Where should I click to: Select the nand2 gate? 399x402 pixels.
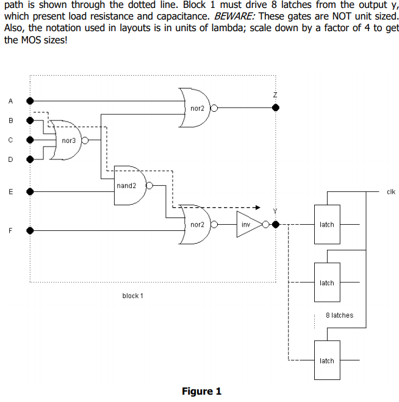click(130, 185)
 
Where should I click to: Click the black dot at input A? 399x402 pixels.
click(30, 101)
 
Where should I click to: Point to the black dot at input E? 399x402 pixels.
click(30, 191)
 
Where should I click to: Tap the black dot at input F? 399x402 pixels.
click(30, 231)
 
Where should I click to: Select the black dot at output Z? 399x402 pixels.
click(276, 108)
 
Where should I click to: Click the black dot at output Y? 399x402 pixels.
click(276, 225)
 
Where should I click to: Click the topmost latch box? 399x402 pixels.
click(327, 224)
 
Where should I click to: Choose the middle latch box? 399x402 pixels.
click(327, 282)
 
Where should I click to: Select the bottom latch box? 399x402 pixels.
click(327, 360)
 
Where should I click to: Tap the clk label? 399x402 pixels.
click(391, 192)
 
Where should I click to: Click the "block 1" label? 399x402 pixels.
click(132, 296)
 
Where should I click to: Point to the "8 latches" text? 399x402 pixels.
click(340, 315)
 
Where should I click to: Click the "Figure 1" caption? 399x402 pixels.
click(201, 391)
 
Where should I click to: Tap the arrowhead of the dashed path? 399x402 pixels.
click(258, 207)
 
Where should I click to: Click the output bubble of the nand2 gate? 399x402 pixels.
click(149, 185)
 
